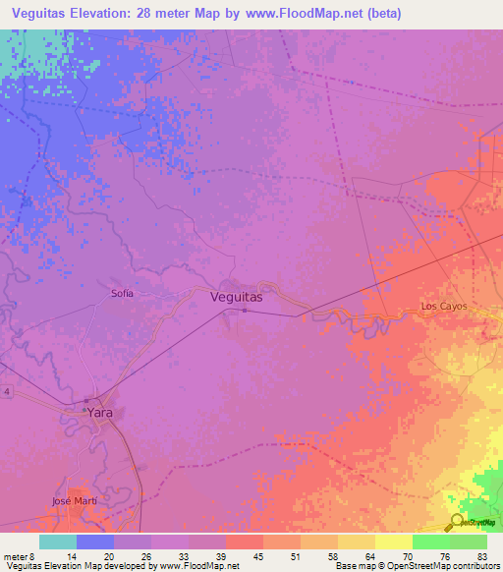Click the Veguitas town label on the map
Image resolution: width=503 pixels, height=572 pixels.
click(x=237, y=295)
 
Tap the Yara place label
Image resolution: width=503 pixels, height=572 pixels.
click(x=100, y=413)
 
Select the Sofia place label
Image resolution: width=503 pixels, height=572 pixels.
click(x=122, y=293)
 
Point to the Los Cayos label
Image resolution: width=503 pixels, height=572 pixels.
click(x=443, y=307)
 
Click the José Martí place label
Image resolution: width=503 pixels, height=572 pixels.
click(x=75, y=501)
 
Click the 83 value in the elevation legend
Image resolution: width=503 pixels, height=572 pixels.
click(x=481, y=556)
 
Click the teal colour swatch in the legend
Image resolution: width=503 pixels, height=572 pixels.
click(x=58, y=542)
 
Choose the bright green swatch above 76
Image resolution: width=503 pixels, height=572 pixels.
click(x=431, y=542)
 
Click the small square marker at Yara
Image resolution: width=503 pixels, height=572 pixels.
click(x=86, y=400)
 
